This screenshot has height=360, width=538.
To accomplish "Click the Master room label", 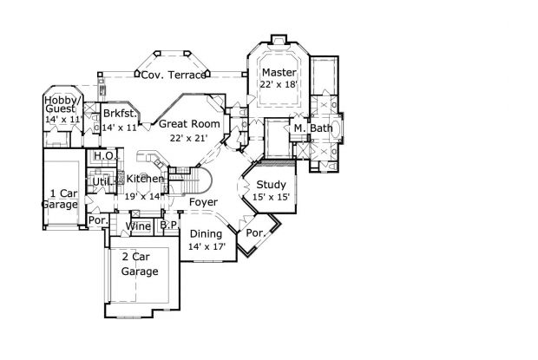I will [279, 72].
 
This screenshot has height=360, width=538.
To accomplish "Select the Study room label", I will [271, 184].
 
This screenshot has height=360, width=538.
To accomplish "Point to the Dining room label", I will [207, 234].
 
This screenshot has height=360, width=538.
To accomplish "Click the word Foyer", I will [203, 203].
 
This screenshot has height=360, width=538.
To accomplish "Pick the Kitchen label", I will [144, 179].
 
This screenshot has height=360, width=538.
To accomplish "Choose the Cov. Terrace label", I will [174, 75].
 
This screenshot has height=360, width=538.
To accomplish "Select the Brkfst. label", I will [120, 114].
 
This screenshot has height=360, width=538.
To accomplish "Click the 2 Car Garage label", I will [139, 265].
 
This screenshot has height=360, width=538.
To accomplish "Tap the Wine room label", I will [138, 226].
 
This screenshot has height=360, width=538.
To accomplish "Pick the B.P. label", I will [168, 226].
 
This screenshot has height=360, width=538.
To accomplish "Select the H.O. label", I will [104, 155].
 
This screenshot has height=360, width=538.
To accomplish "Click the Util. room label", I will [102, 182].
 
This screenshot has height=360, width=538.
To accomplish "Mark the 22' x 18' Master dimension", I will [279, 84].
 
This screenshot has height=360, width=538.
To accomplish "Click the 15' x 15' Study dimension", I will [271, 197].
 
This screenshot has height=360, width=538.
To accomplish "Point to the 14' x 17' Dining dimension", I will [207, 247].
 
